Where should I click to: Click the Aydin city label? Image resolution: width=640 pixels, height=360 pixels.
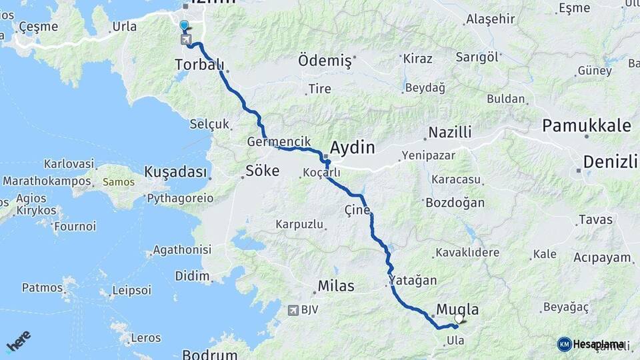353,147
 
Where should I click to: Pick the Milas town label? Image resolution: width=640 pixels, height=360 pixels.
336,286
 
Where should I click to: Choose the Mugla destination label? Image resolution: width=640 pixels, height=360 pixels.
457,309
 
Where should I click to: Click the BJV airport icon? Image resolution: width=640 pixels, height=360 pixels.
293,309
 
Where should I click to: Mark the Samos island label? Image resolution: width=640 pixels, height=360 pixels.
118,181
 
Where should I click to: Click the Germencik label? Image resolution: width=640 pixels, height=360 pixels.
279,142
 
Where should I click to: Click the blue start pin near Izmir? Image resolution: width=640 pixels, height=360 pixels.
184,26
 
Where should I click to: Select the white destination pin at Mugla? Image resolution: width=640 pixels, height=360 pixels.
459,319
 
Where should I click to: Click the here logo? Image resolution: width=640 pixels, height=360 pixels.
18,340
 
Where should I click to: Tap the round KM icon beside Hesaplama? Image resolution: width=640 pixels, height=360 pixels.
564,344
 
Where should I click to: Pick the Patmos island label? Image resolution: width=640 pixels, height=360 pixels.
42,287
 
